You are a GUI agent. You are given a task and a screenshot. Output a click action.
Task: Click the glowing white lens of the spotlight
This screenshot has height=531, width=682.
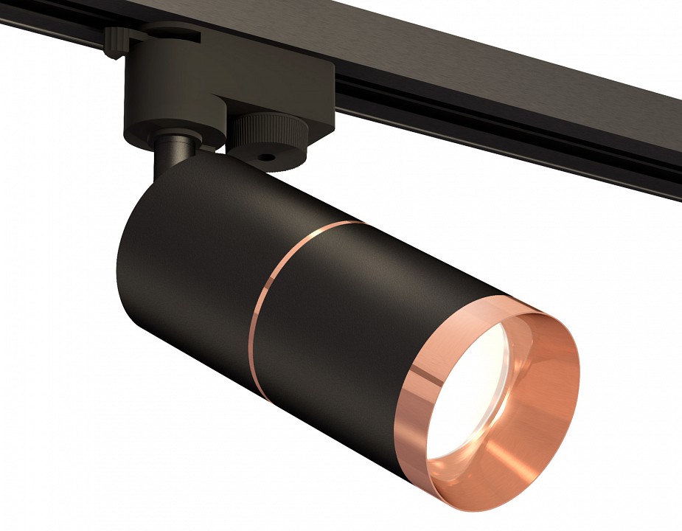[x=461, y=402]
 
